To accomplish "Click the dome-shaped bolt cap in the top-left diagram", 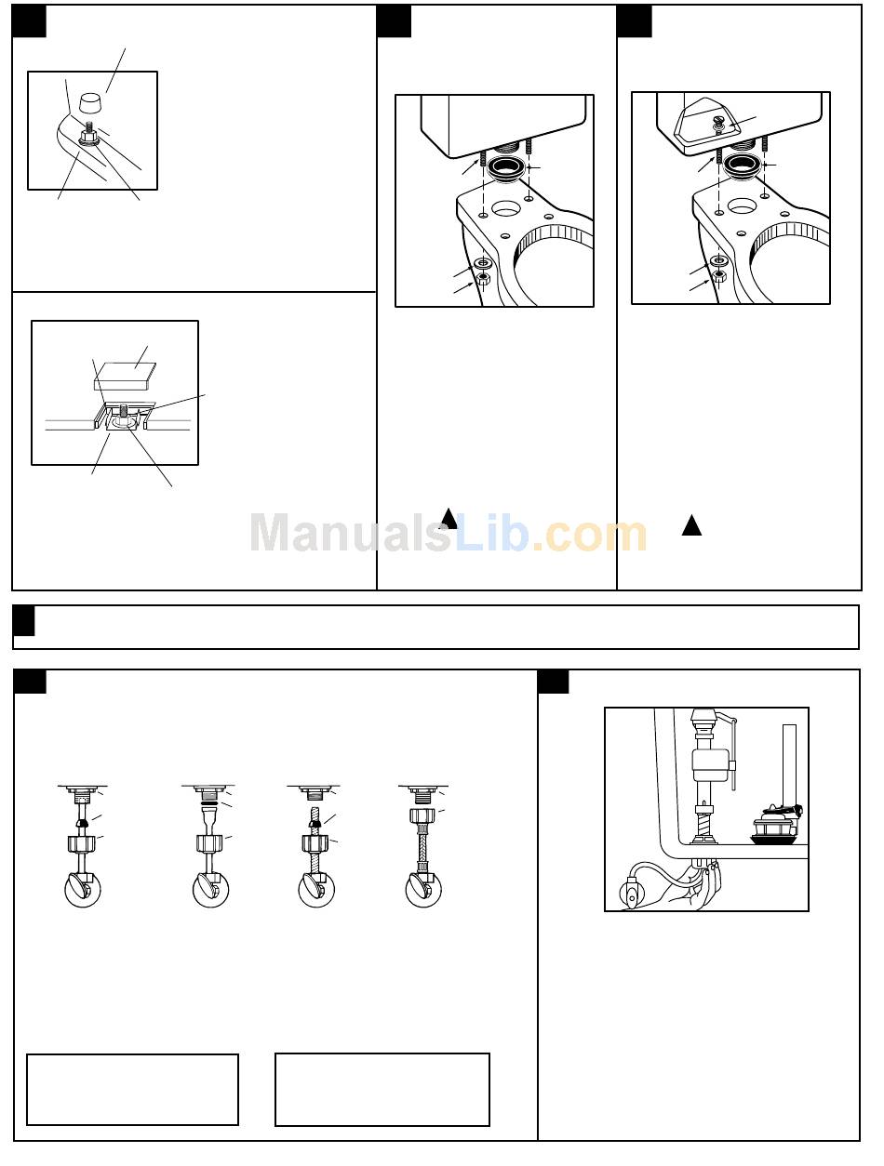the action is click(91, 102).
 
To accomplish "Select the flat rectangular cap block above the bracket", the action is click(125, 376).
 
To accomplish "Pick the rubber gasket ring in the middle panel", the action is click(506, 168).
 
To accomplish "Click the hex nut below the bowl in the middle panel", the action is click(483, 280).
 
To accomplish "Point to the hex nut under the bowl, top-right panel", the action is click(718, 276).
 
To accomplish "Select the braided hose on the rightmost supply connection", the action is click(422, 844).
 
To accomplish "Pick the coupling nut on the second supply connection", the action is click(209, 843).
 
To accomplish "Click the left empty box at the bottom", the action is click(132, 1089).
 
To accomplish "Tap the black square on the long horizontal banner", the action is click(24, 620).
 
